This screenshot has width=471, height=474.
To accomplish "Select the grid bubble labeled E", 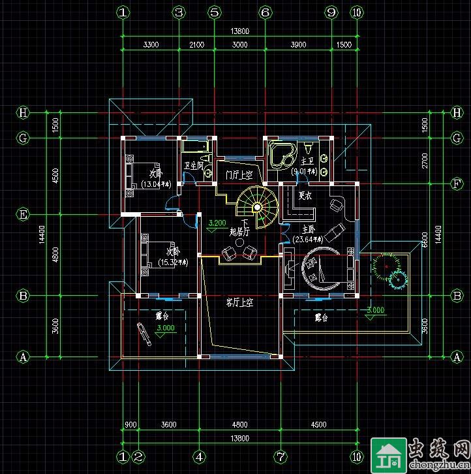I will (x=23, y=214).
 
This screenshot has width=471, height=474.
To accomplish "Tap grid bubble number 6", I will (x=264, y=12).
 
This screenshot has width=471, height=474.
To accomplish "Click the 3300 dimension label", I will (x=151, y=44).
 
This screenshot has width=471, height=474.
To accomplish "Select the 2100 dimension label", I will (x=196, y=44).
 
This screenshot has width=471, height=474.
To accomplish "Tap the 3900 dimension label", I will (x=297, y=44).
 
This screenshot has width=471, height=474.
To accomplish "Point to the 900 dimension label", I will (x=130, y=424).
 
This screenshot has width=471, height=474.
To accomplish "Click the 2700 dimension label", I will (x=425, y=161).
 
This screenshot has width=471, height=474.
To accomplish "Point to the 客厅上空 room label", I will (x=239, y=302).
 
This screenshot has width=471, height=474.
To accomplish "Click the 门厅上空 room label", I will (x=239, y=175).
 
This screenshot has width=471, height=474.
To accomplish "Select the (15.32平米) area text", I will (x=172, y=262).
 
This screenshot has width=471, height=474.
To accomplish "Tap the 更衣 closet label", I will (x=305, y=195).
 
